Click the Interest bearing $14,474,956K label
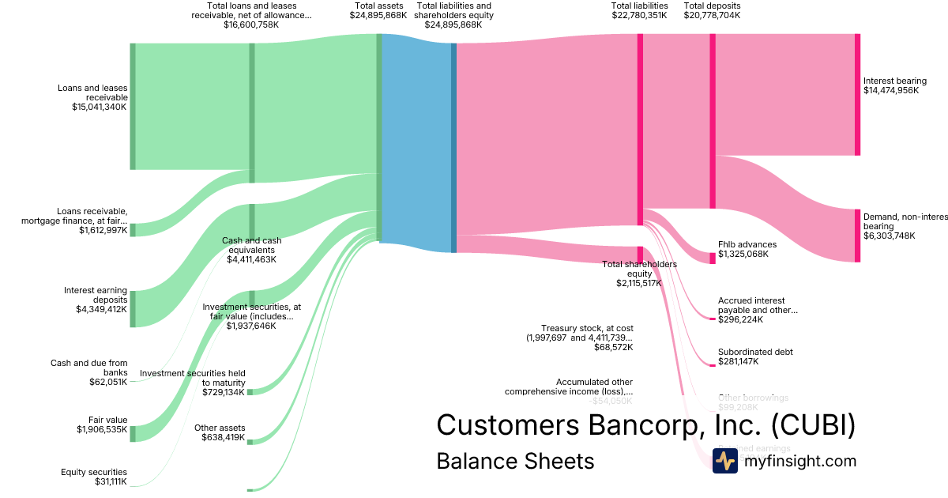pyautogui.click(x=894, y=85)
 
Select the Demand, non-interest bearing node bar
pyautogui.click(x=857, y=236)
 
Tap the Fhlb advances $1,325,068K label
pyautogui.click(x=747, y=249)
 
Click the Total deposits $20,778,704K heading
pyautogui.click(x=712, y=10)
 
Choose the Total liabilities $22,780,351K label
pyautogui.click(x=639, y=10)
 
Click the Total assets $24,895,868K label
pyautogui.click(x=378, y=10)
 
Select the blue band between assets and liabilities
pyautogui.click(x=416, y=142)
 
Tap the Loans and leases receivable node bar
pyautogui.click(x=133, y=106)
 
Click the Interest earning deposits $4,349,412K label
pyautogui.click(x=96, y=300)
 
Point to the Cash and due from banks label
pyautogui.click(x=88, y=372)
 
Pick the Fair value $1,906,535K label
pyautogui.click(x=102, y=424)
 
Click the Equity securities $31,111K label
pyautogui.click(x=94, y=477)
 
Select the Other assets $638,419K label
pyautogui.click(x=219, y=432)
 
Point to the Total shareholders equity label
pyautogui.click(x=639, y=274)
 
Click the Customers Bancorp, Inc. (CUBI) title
pyautogui.click(x=645, y=424)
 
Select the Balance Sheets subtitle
pyautogui.click(x=515, y=461)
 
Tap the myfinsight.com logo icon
pyautogui.click(x=724, y=461)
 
